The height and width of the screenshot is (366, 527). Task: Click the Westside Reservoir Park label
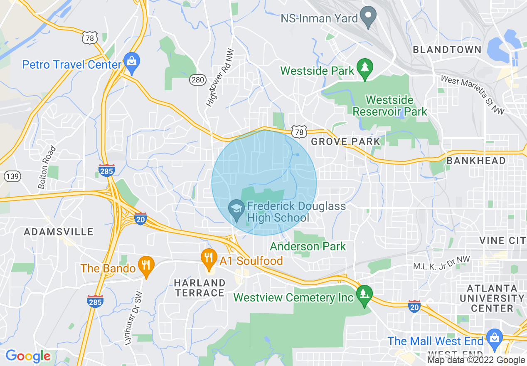(389, 106)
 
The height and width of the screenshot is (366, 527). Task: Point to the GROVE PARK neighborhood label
(345, 141)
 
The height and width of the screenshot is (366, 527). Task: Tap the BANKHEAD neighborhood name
(476, 161)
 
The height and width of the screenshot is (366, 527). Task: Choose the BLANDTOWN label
(447, 50)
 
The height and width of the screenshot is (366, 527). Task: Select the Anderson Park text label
(308, 246)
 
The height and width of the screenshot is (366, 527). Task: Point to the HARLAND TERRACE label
(200, 288)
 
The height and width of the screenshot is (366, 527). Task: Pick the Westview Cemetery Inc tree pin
(364, 294)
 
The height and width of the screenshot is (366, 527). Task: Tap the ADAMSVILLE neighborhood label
(59, 232)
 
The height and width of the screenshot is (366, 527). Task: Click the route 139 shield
(12, 176)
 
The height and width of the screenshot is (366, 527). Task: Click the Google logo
(27, 356)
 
